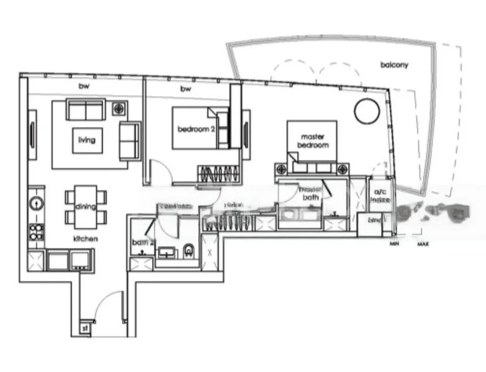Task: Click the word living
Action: coord(87,140)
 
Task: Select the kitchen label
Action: coord(84,238)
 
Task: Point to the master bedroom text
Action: coord(314,141)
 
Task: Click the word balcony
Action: coord(394,64)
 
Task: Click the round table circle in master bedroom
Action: coord(366,112)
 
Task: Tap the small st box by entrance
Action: coord(84,328)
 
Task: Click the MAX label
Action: coord(423,244)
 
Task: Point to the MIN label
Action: coord(394,244)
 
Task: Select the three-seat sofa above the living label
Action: coord(86,110)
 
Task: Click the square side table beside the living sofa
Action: coord(118,109)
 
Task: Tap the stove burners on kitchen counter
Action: coord(36,232)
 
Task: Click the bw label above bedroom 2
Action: coord(184,89)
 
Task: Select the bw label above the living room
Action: coord(83,86)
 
